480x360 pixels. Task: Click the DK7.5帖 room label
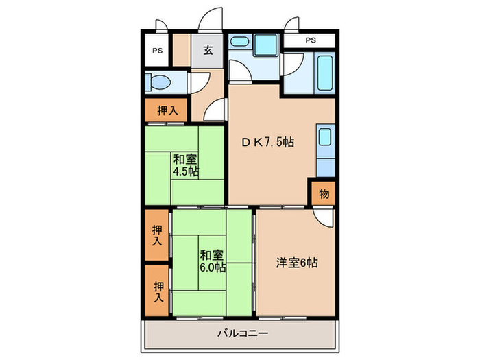[267, 143]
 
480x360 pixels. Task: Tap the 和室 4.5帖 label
[185, 165]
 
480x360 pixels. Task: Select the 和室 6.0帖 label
[213, 261]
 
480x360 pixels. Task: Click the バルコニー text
[243, 334]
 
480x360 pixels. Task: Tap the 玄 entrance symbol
[208, 50]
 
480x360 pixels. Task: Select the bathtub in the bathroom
[324, 73]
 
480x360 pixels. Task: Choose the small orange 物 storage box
[324, 193]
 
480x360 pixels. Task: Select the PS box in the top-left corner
[158, 50]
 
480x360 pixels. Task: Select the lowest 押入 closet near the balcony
[158, 291]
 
